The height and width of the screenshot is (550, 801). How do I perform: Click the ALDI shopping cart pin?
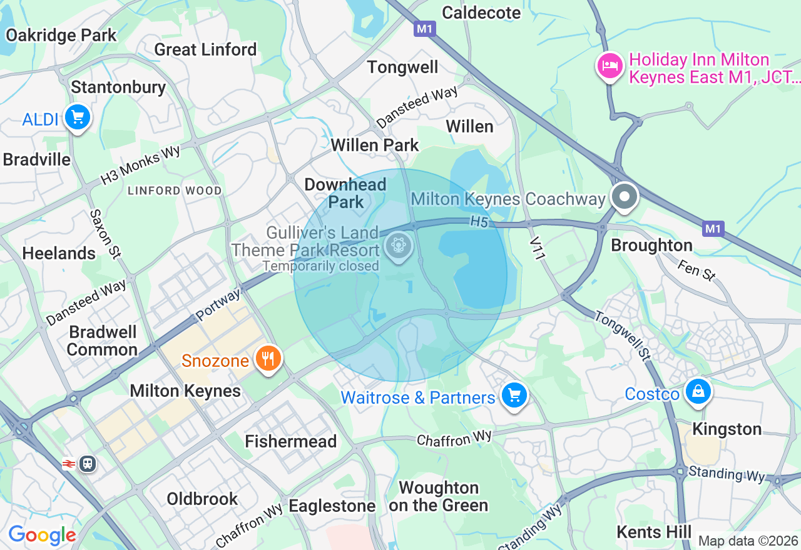[x=77, y=117]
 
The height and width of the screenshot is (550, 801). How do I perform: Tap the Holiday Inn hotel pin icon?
[x=610, y=65]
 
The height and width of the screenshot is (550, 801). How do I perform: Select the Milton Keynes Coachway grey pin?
[x=623, y=197]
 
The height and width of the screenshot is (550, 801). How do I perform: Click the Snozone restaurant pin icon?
[x=268, y=359]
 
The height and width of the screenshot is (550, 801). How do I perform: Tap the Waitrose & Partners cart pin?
[x=514, y=395]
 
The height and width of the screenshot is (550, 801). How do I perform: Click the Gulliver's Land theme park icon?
[x=397, y=244]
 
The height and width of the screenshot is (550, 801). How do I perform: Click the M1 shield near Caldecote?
[x=424, y=28]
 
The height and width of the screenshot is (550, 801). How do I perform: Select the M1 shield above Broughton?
[x=713, y=229]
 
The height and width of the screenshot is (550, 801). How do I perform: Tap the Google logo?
[x=42, y=536]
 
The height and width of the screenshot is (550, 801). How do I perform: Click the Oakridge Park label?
[x=61, y=35]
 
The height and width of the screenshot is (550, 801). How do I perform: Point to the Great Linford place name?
[x=205, y=49]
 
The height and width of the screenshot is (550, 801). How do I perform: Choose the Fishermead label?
[x=290, y=441]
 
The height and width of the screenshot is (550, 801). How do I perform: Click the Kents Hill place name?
[x=654, y=532]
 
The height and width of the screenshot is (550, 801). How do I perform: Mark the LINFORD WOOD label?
[x=175, y=191]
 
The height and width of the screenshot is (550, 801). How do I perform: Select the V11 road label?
[x=536, y=246]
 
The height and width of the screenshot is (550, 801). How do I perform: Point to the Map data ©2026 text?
[x=748, y=541]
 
